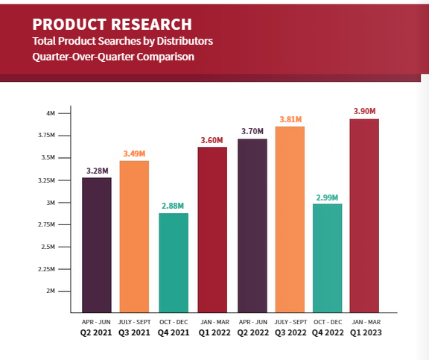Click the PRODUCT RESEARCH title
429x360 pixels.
[112, 24]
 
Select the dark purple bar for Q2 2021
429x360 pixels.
[97, 245]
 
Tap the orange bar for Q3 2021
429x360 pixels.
[134, 236]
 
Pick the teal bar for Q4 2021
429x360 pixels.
[174, 263]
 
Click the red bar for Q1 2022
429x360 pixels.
[212, 230]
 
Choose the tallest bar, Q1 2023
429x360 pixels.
[364, 215]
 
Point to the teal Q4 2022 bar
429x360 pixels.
[327, 258]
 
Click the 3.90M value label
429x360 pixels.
[364, 111]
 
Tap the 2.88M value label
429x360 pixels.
[173, 206]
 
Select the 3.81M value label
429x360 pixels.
[290, 119]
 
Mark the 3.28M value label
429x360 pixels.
[98, 171]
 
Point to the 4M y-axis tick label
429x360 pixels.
[51, 113]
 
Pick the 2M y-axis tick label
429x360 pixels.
[51, 291]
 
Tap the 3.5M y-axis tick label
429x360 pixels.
[48, 157]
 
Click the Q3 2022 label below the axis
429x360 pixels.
[290, 332]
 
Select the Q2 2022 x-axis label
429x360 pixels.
[253, 332]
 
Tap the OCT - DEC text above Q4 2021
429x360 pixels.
[174, 322]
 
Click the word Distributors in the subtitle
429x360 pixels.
[185, 41]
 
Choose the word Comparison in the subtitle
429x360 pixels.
[165, 57]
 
